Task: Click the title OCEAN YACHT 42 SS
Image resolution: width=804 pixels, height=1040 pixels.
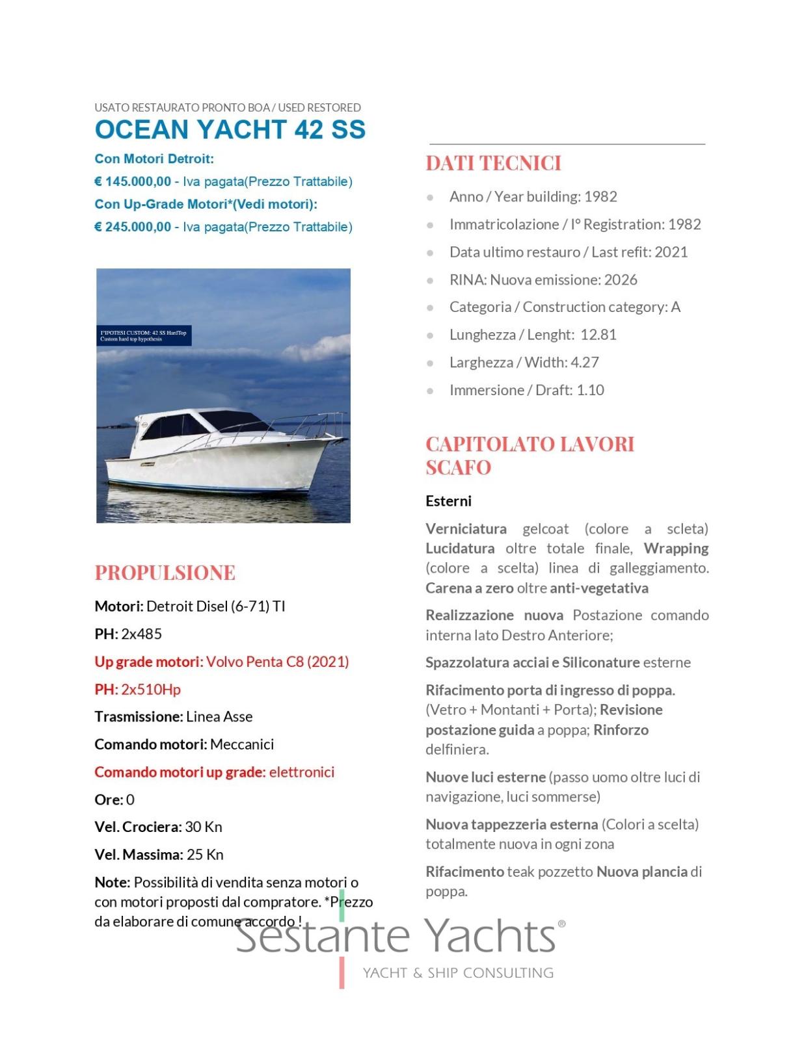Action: point(230,129)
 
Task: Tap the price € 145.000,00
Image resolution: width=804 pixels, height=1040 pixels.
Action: point(133,181)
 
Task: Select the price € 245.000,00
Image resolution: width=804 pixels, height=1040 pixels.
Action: point(133,227)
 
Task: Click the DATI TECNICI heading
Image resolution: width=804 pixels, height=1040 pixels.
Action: point(493,163)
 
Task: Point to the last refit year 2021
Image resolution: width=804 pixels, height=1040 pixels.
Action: point(671,252)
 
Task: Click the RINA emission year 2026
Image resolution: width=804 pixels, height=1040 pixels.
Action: point(621,279)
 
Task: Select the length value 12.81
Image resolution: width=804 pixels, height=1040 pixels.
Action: point(598,335)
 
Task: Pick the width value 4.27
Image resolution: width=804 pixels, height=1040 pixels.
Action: point(584,362)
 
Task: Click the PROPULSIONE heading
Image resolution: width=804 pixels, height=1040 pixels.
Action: point(165,573)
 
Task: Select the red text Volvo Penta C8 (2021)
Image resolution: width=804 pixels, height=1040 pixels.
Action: point(278,662)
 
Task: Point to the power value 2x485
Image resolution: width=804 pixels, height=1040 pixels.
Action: point(142,634)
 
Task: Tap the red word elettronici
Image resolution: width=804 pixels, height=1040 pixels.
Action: point(302,772)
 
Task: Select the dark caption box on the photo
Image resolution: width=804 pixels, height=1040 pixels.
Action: point(144,335)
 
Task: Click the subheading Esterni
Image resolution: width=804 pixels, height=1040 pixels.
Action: point(448,501)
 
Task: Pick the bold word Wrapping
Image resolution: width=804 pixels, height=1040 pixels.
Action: point(676,549)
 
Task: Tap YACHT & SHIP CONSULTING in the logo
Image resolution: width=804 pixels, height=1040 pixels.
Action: point(458,973)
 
